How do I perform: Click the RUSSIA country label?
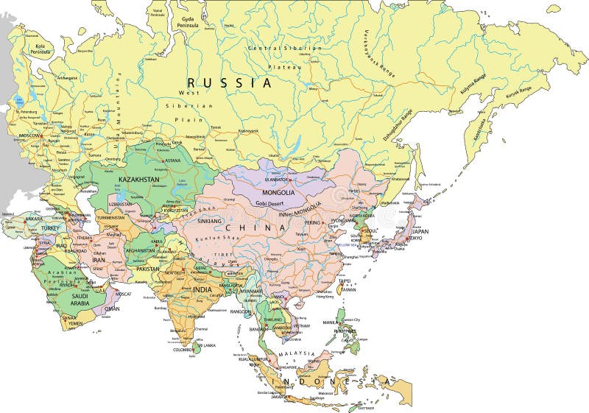click(229, 83)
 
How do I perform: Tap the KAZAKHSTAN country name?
click(139, 179)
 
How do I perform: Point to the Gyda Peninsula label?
click(188, 21)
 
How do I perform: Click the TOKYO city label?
click(417, 238)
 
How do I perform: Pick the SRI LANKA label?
click(204, 345)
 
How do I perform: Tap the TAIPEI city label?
click(345, 280)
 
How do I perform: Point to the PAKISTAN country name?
click(147, 269)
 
